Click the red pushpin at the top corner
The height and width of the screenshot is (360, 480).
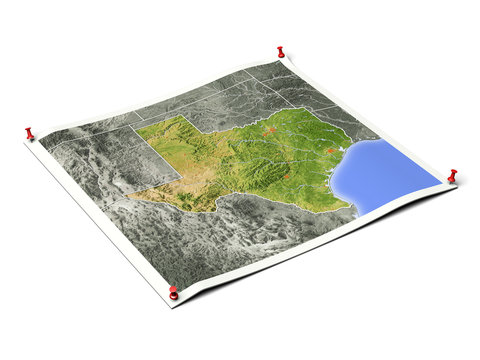coord(281,51)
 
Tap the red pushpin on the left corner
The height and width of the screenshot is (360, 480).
coord(29,131)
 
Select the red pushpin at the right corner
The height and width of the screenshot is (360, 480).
coord(452,175)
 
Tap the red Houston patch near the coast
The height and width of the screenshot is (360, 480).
coord(328,151)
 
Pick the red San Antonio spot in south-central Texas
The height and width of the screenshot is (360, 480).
coord(286,178)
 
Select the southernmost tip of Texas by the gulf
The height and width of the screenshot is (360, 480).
coord(352,209)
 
